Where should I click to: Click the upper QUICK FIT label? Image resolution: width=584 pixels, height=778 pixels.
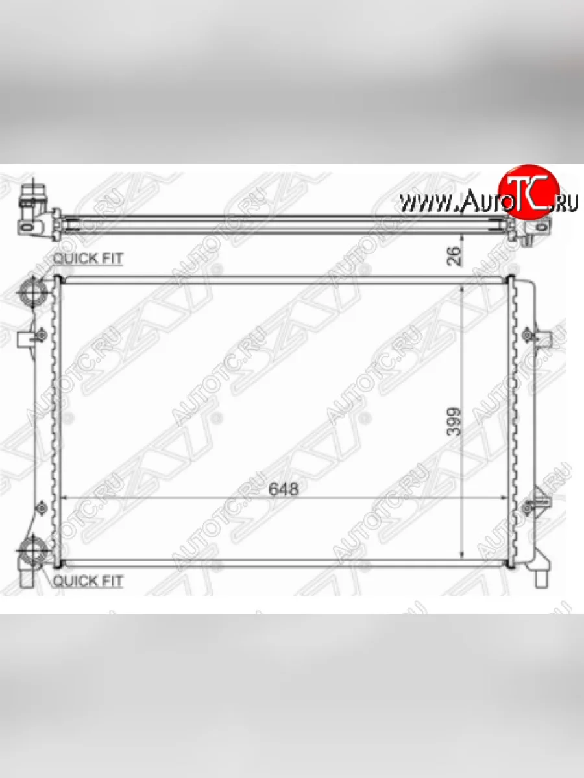coord(88,258)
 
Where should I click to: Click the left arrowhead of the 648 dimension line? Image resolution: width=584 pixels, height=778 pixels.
coord(64,497)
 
